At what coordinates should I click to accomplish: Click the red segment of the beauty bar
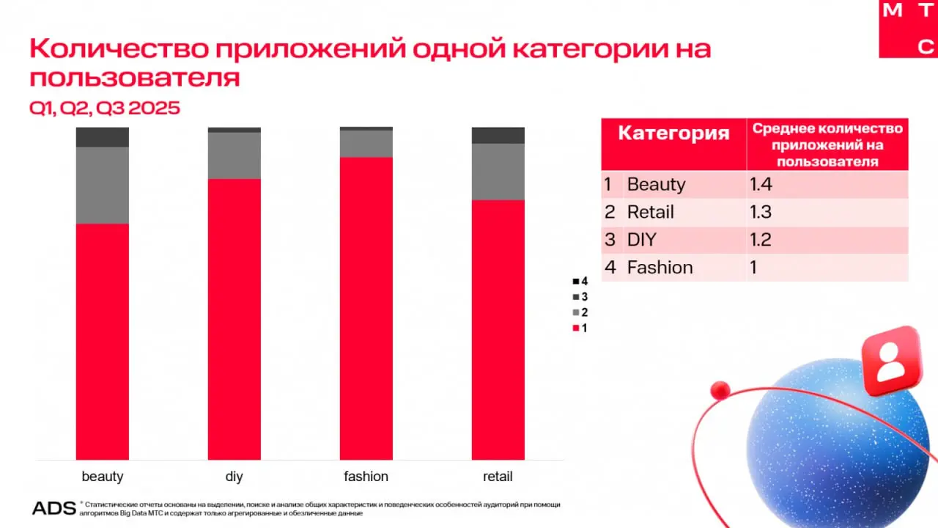pos(103,341)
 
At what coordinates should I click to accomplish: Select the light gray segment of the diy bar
pos(234,155)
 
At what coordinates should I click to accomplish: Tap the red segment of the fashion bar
pos(366,308)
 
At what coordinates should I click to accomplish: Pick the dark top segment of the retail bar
pos(498,136)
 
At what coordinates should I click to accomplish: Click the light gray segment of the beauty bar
pos(103,185)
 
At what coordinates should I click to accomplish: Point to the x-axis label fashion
pos(366,477)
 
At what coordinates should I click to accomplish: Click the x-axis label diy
pos(234,477)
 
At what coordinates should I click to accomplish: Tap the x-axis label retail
pos(498,477)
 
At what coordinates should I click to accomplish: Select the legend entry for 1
pos(580,329)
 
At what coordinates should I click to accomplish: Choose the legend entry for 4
pos(580,282)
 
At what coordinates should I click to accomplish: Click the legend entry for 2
pos(580,312)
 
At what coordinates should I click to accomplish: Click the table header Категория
pos(673,133)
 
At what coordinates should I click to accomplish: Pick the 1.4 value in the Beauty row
pos(761,184)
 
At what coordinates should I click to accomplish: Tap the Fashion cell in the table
pos(660,268)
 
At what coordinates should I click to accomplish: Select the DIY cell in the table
pos(641,240)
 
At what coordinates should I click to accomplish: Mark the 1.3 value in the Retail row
pos(761,212)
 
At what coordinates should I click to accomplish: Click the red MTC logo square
pos(908,29)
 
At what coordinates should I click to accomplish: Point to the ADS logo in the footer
pos(53,508)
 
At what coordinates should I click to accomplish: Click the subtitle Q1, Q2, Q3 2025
pos(105,109)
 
